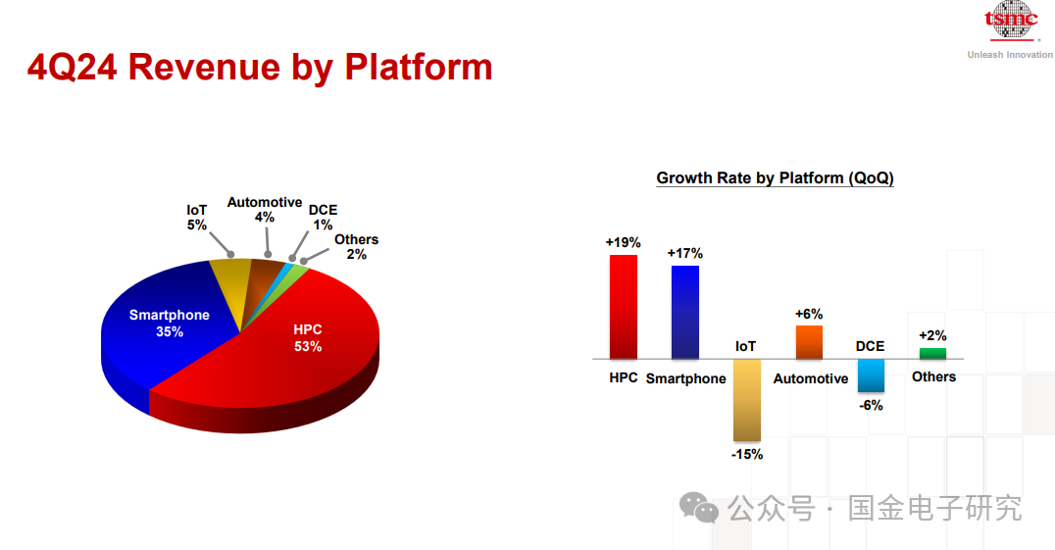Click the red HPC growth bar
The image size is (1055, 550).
pos(623,307)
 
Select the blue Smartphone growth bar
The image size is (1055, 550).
pos(685,312)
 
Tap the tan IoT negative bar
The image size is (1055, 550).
pos(747,400)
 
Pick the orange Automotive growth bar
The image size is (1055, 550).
pos(809,342)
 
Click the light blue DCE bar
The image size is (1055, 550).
pos(871,375)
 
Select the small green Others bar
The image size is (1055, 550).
pos(932,354)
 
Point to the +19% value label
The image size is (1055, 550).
pos(623,242)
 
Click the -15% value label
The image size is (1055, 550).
pos(747,455)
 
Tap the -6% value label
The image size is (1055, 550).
pos(871,405)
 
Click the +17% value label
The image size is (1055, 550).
pos(685,253)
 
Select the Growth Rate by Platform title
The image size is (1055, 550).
pos(776,178)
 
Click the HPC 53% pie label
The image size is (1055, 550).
pos(308,337)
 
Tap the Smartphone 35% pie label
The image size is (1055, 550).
pos(169,323)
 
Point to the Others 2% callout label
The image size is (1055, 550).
pos(356,247)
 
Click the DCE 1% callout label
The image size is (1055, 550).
pos(323,218)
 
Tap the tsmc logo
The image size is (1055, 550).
pos(1011,22)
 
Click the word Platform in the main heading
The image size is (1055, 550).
pos(418,68)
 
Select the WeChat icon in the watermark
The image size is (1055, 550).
pos(699,508)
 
